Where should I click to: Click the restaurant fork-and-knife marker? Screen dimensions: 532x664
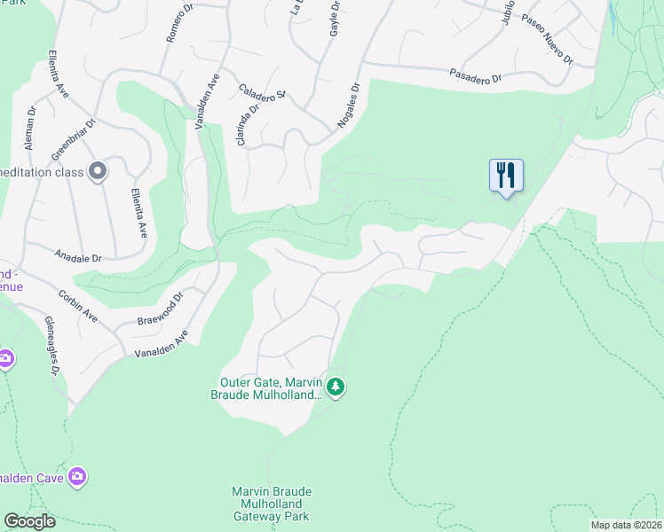tap(506, 175)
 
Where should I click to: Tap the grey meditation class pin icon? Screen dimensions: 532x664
tap(98, 171)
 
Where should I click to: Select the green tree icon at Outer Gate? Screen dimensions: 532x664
tap(335, 387)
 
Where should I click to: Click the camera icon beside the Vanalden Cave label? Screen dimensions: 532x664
tap(77, 477)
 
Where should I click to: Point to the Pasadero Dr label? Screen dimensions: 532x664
tap(476, 76)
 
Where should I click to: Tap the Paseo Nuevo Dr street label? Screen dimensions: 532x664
tap(547, 40)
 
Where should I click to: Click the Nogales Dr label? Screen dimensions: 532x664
tap(347, 106)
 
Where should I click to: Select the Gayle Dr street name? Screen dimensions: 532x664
tap(336, 20)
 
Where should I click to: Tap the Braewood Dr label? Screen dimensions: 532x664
tap(160, 309)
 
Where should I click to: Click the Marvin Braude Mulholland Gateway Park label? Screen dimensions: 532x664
tap(273, 504)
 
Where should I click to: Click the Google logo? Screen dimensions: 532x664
tap(29, 521)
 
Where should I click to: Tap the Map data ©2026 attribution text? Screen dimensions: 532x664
tap(625, 525)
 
